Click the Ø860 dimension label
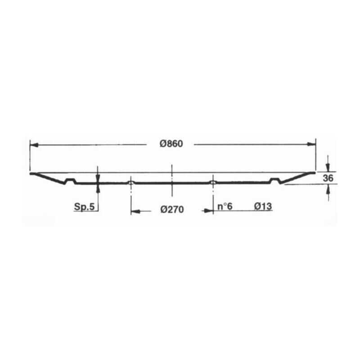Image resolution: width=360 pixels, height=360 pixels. (171, 144)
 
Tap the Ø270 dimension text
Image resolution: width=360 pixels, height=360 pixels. (172, 209)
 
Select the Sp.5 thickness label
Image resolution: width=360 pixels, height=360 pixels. (84, 207)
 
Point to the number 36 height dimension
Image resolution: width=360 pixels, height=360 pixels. (328, 178)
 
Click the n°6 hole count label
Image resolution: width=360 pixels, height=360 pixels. (225, 206)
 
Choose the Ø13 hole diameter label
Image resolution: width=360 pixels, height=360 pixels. (263, 206)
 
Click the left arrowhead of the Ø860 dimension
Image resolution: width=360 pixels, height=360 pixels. (34, 145)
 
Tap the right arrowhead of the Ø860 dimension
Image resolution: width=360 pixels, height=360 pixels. (312, 144)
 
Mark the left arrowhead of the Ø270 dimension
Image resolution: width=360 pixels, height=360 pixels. (135, 211)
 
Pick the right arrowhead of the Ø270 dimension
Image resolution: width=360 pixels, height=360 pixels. (209, 210)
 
